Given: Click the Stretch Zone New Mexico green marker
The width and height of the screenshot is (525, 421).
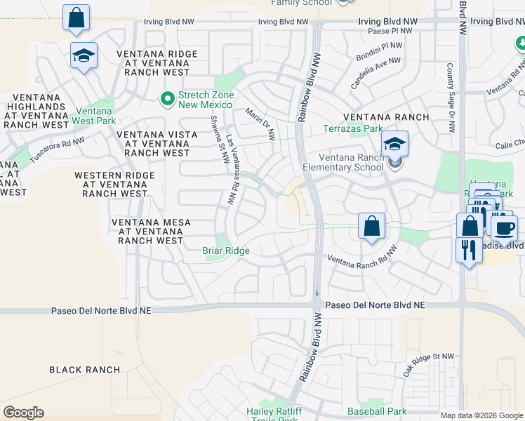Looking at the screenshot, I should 167,100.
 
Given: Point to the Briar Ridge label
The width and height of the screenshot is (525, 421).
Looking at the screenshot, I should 226,250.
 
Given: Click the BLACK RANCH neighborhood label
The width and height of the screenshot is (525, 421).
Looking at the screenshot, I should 85,370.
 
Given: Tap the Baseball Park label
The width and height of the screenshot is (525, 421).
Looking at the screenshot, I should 377,411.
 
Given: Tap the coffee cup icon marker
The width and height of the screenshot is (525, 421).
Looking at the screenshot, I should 504,227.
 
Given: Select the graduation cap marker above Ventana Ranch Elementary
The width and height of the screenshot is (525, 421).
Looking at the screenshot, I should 394,145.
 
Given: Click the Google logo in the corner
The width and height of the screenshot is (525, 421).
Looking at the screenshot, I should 23,413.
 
